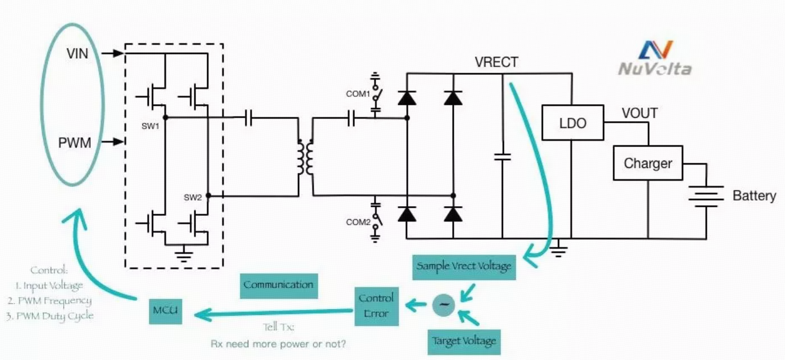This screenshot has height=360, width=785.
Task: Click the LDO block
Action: (573, 123)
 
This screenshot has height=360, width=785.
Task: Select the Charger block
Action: (648, 163)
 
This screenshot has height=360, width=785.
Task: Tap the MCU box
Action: (166, 311)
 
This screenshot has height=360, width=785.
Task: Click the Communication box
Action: (279, 286)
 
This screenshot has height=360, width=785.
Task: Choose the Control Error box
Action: (376, 306)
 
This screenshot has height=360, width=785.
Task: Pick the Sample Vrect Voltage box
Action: (463, 267)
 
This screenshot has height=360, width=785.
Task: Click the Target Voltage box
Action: (463, 342)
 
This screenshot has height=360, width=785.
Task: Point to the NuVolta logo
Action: (654, 58)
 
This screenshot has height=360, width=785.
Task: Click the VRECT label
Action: (496, 62)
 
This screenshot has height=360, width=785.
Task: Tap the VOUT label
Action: (640, 113)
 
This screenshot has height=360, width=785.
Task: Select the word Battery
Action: (754, 195)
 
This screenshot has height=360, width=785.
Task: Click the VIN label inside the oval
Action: (77, 54)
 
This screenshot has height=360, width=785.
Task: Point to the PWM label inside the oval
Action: (74, 143)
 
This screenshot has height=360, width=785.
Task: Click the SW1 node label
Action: (150, 126)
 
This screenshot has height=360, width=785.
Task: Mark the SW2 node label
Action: (193, 198)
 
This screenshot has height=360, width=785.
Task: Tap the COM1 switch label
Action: (358, 94)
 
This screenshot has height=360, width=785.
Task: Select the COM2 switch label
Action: (358, 222)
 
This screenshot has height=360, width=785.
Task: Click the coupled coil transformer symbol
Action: (305, 157)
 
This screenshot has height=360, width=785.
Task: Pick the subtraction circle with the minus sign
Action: (444, 305)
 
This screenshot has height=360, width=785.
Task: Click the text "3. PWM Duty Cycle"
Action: (50, 316)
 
